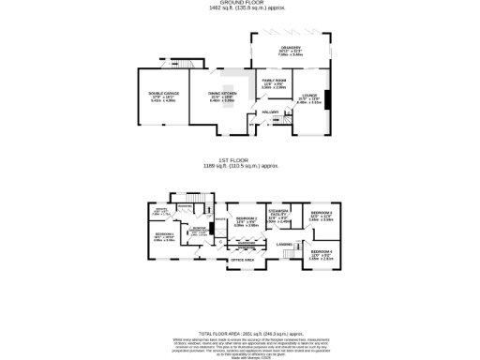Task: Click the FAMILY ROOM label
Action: click(273, 84)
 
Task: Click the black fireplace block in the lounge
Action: click(327, 99)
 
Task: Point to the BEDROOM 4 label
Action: click(322, 253)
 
